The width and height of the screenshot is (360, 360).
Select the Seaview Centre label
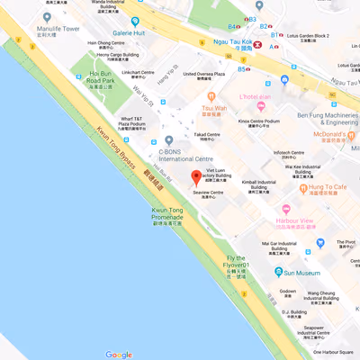[x=210, y=193]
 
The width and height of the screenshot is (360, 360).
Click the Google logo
[x=118, y=354]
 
